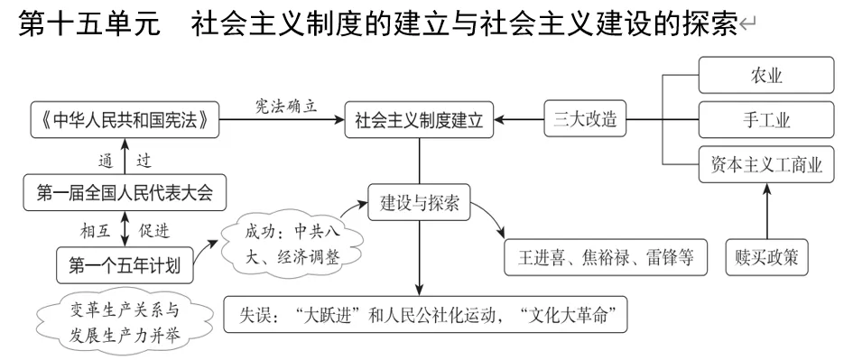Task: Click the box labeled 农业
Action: (766, 75)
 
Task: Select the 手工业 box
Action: (766, 120)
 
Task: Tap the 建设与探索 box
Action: (419, 204)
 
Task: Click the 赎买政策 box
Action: (766, 257)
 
